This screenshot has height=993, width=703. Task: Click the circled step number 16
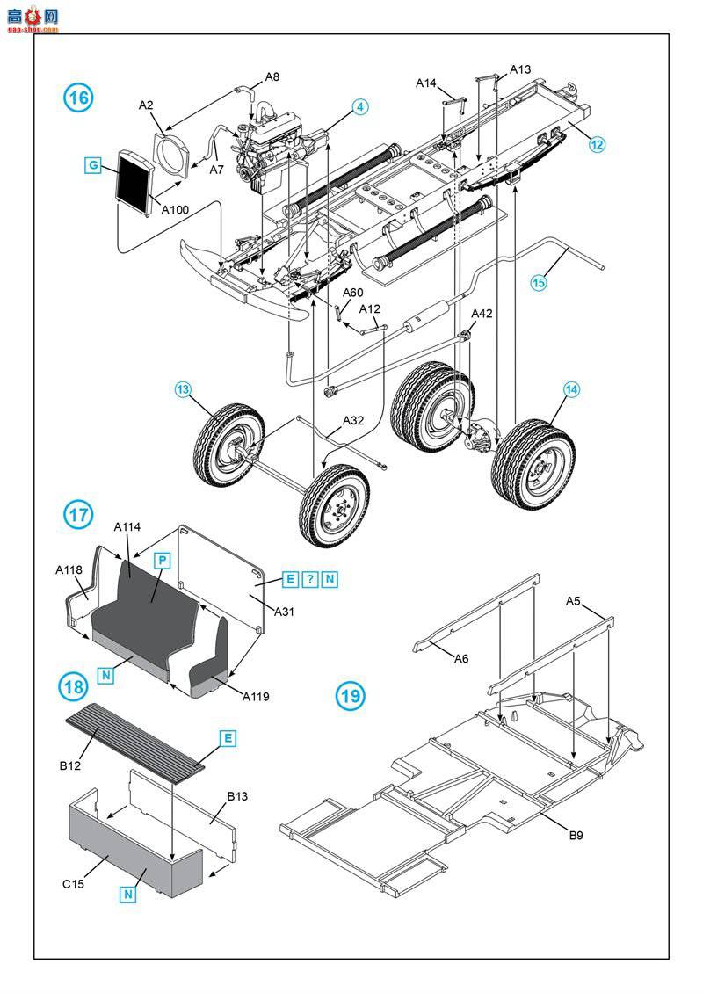tap(78, 97)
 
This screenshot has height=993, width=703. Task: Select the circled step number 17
tap(78, 514)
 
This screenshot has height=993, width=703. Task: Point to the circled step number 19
tap(350, 697)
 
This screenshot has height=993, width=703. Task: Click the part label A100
tap(175, 209)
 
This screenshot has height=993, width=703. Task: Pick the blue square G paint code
tap(93, 164)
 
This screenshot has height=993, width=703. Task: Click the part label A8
tap(272, 76)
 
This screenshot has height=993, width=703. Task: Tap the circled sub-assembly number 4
tap(359, 107)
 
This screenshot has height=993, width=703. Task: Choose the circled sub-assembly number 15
tap(538, 282)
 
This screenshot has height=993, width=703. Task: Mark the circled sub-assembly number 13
tap(183, 388)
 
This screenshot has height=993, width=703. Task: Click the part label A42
tap(482, 314)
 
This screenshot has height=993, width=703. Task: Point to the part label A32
tap(353, 420)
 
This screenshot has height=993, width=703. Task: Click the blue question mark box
tap(310, 578)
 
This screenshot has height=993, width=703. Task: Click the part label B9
tap(575, 835)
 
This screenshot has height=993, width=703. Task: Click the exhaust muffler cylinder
tap(427, 317)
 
